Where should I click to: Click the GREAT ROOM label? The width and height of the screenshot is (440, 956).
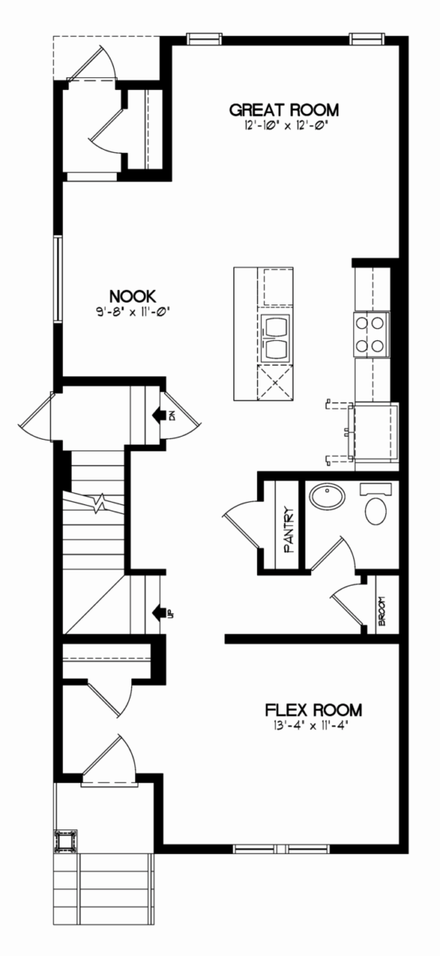tap(284, 110)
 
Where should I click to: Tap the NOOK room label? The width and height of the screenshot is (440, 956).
tap(133, 296)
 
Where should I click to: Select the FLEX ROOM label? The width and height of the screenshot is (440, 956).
tap(313, 710)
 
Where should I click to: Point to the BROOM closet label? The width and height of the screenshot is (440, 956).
tap(382, 611)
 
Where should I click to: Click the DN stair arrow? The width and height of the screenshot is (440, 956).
tap(160, 414)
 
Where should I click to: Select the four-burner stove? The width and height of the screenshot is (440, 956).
tap(371, 334)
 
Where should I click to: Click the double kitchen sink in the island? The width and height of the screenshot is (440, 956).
tap(277, 338)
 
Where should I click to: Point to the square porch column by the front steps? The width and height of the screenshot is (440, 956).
tap(66, 841)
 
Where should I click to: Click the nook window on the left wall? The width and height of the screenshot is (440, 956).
tap(58, 279)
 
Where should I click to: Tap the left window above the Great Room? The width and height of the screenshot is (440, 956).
tap(204, 39)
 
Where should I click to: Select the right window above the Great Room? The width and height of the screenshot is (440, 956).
tap(368, 39)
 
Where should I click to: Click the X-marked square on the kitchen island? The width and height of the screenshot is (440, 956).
tap(275, 383)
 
